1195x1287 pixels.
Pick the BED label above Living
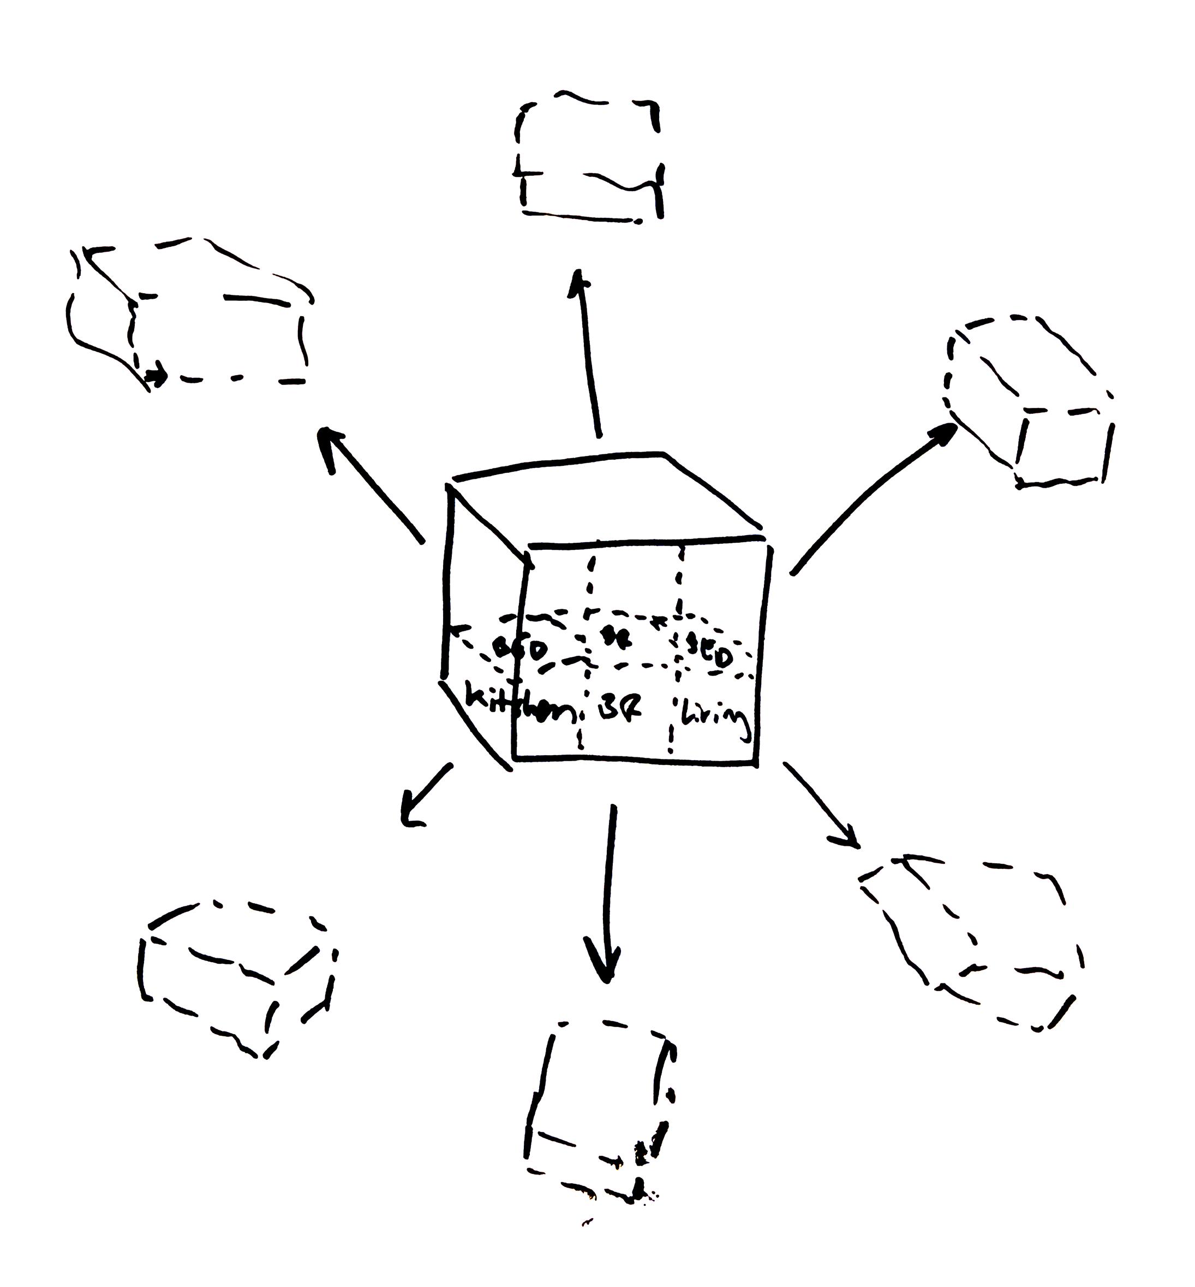[709, 655]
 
